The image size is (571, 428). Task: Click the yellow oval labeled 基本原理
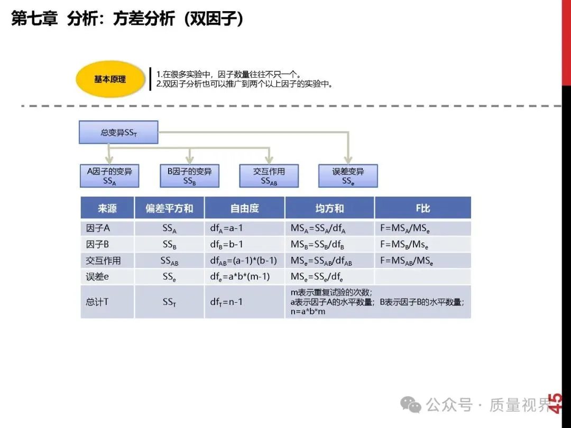(110, 79)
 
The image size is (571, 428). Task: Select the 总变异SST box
(118, 133)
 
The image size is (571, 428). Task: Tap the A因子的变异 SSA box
(109, 176)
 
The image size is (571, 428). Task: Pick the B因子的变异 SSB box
(189, 176)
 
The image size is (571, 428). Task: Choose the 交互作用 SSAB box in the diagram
(269, 176)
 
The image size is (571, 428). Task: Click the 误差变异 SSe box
(348, 176)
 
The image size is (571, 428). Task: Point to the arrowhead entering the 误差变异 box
(348, 160)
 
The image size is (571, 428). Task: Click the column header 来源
(107, 208)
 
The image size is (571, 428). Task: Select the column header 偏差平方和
(169, 208)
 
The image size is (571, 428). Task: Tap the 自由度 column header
(244, 208)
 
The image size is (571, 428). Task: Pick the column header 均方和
(329, 208)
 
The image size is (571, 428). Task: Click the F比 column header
(422, 208)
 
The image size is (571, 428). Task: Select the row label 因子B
(98, 245)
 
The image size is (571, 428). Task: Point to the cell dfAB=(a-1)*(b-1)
(244, 261)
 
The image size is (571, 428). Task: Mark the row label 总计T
(97, 302)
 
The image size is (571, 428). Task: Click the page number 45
(556, 403)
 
